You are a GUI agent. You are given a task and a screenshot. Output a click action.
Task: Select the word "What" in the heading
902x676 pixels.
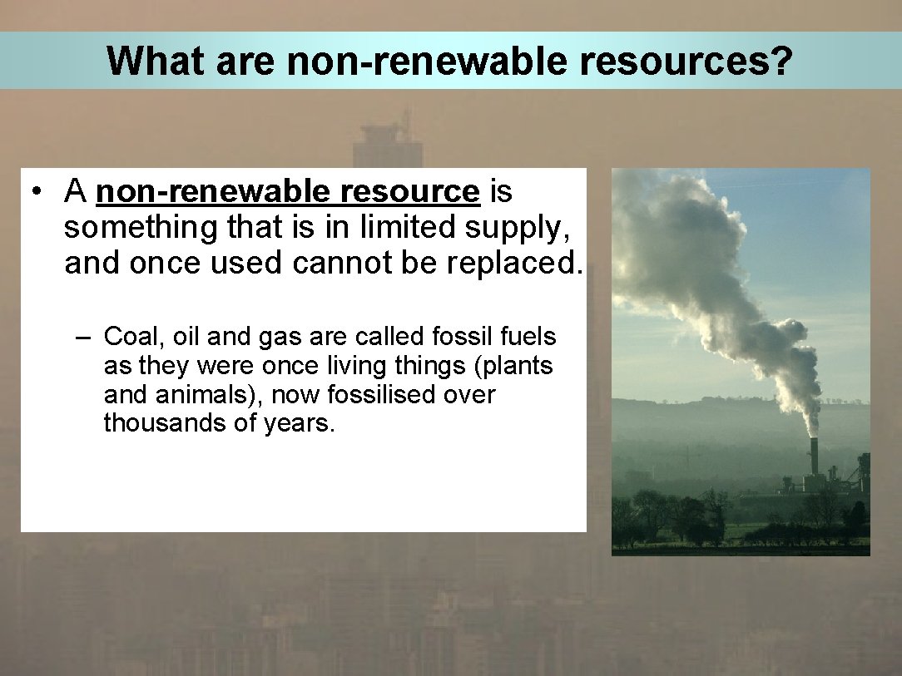tap(150, 61)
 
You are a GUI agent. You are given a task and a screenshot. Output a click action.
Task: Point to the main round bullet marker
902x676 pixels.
tap(37, 192)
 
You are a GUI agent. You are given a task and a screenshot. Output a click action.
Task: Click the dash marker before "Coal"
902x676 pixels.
tap(82, 338)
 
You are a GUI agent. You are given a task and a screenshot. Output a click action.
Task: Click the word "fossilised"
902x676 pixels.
tap(382, 395)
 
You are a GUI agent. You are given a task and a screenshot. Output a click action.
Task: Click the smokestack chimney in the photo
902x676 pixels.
tap(814, 455)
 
